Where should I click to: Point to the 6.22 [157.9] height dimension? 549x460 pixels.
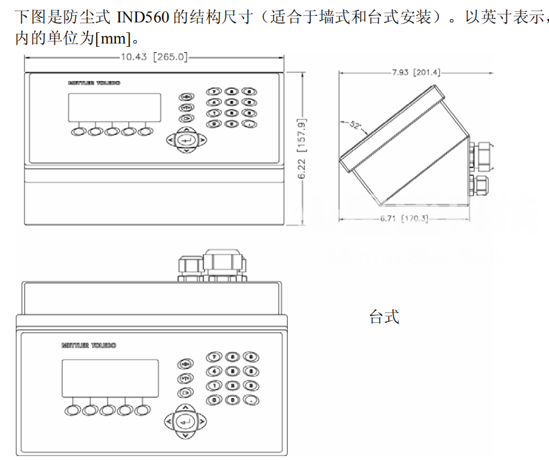[x=302, y=149]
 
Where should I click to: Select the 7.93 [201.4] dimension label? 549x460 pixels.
[x=416, y=72]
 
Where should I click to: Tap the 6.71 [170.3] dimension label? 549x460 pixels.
[x=403, y=218]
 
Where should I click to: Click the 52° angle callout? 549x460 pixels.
[x=355, y=125]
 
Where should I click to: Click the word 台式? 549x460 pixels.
[x=384, y=317]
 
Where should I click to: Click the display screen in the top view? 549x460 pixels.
[x=114, y=106]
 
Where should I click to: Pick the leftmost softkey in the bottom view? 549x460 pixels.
[x=72, y=410]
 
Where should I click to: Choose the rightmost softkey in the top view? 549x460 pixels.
[x=145, y=131]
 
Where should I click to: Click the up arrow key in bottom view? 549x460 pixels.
[x=186, y=407]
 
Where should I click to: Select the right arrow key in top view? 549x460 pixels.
[x=202, y=140]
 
